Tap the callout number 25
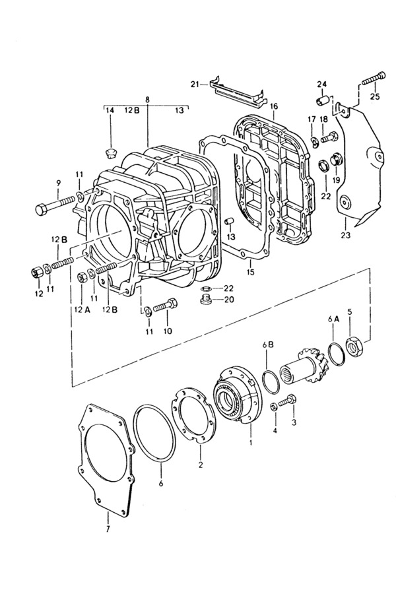click(375, 96)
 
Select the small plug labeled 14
click(111, 154)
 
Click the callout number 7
click(108, 529)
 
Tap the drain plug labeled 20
click(206, 300)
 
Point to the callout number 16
click(275, 106)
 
